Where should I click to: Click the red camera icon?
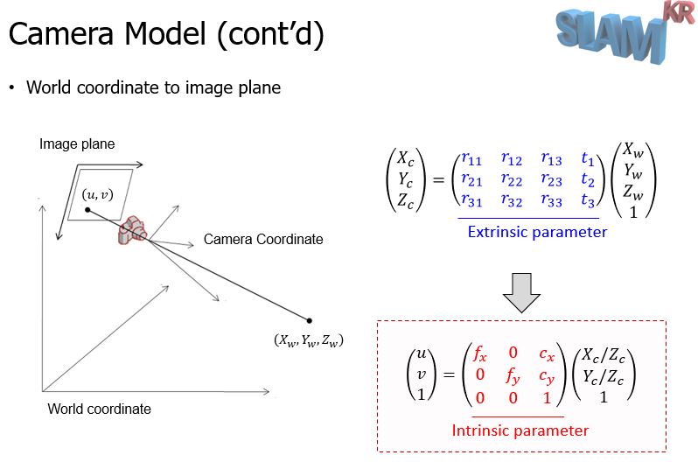(132, 230)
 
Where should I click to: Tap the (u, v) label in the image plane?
(97, 194)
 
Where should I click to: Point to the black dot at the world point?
(309, 320)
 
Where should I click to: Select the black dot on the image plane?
(87, 210)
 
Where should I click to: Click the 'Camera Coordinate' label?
(263, 239)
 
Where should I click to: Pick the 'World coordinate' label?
(99, 409)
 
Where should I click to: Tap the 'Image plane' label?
(77, 143)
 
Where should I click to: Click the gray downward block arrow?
(521, 292)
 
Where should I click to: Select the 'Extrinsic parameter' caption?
(537, 232)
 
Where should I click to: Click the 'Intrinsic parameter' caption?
(520, 430)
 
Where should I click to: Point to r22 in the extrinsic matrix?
(512, 180)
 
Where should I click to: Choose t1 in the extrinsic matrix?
(588, 158)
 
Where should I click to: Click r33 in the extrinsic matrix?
(552, 200)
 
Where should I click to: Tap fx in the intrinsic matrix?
(480, 353)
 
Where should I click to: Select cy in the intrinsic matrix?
(547, 377)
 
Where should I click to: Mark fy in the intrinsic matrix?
(513, 377)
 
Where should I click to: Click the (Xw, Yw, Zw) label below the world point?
(309, 340)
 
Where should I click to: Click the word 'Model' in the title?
(164, 34)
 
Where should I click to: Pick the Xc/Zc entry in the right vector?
(604, 355)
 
